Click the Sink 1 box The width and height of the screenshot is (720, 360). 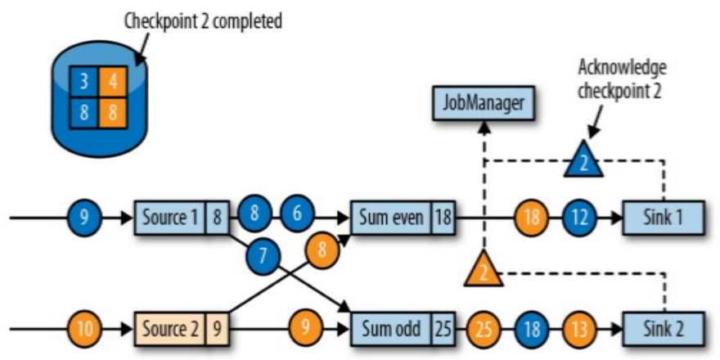click(x=664, y=218)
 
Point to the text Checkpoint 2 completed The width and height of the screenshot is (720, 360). click(x=202, y=21)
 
